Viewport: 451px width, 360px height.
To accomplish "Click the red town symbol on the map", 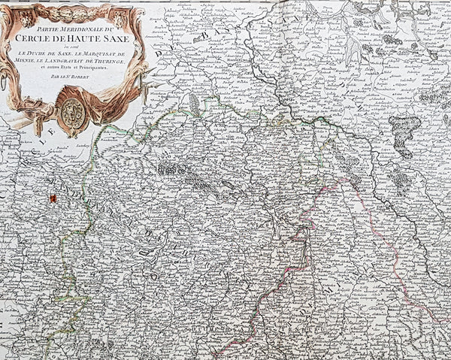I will point(53,198).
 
